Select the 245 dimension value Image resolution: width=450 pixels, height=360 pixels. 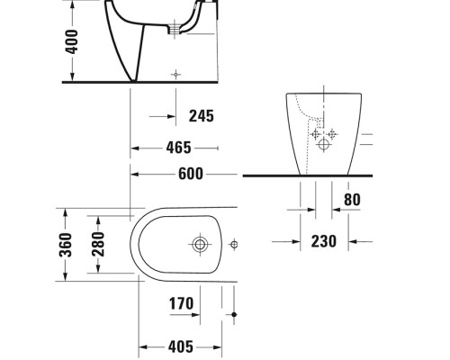[202, 115]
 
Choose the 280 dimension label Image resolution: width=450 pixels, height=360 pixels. [97, 244]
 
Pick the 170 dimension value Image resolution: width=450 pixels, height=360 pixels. [181, 303]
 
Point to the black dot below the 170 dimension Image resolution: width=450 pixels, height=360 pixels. [234, 314]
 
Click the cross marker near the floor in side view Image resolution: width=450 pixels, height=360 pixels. [175, 72]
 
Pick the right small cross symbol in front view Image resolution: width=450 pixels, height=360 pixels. [332, 135]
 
